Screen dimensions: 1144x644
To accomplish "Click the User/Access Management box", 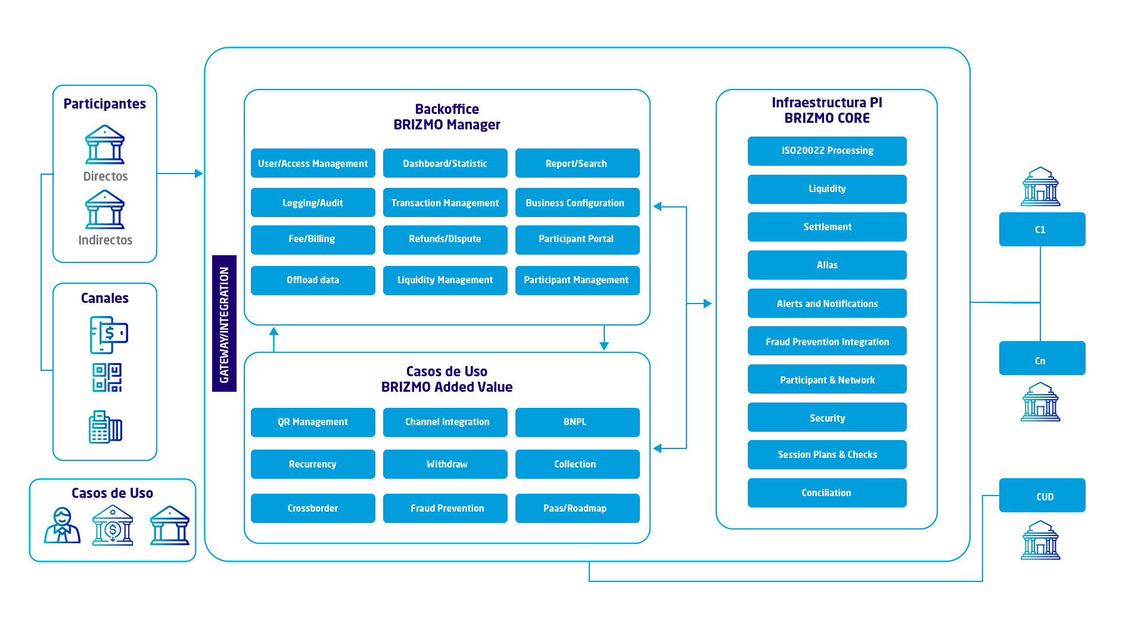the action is (313, 163).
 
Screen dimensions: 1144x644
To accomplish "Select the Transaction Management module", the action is (445, 203).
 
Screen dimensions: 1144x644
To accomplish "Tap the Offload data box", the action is (313, 280).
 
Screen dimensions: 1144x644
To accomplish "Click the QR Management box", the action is (313, 422).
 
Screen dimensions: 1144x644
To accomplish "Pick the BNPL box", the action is (577, 422).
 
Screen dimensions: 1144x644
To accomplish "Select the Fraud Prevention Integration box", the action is (827, 341).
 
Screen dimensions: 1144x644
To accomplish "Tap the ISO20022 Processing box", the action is (827, 151).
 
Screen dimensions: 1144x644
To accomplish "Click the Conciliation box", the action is (827, 493).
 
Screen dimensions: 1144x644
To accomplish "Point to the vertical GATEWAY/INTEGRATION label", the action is (224, 324).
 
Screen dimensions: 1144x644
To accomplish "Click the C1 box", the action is (1042, 229).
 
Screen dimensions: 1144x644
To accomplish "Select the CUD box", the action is (1042, 495).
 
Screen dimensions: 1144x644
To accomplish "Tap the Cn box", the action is (1042, 358).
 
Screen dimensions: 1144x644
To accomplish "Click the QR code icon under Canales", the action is (107, 377).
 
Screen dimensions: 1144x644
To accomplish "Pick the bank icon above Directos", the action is (105, 144).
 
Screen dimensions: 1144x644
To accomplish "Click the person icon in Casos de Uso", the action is (62, 525).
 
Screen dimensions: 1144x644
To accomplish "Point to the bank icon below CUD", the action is (1040, 540).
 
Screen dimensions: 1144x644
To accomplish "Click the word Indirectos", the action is (105, 240).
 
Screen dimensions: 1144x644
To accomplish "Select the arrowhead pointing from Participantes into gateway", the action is (199, 174).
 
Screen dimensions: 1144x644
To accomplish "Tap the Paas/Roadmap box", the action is (577, 508).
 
